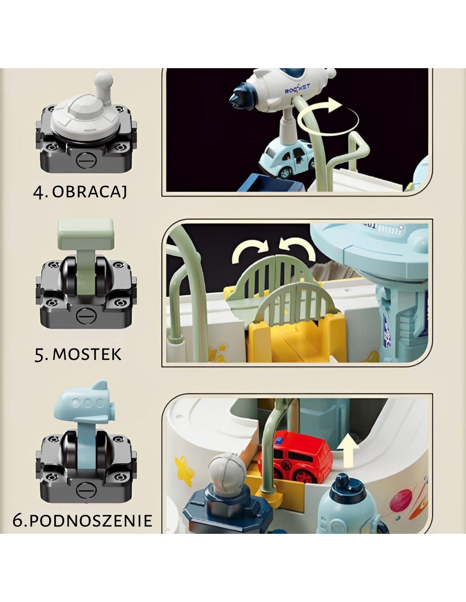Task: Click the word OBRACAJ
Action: coord(89,191)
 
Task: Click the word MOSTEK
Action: coord(87,354)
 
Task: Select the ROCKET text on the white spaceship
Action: coord(297,88)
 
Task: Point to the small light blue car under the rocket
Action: coord(287,159)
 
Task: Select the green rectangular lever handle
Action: coord(86,234)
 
